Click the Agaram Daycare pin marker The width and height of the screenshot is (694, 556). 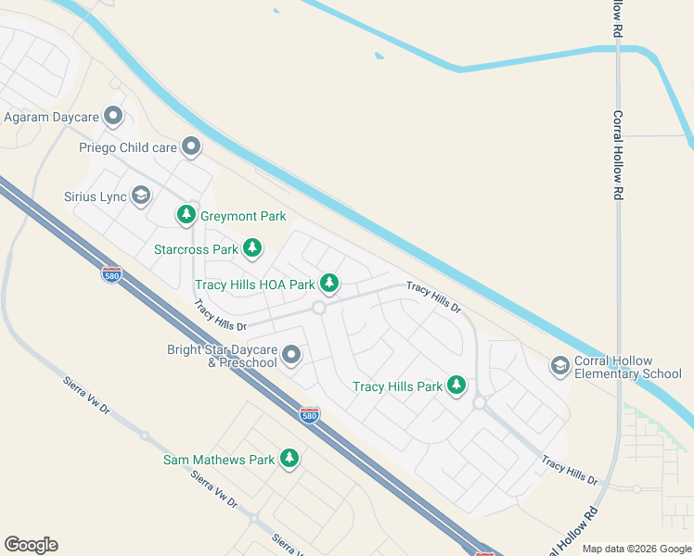point(114,117)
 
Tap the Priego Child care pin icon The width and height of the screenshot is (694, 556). point(191,146)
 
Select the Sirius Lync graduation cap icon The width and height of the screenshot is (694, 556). point(141,195)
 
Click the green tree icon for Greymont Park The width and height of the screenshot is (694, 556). point(186,215)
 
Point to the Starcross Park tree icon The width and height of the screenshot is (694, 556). point(252,248)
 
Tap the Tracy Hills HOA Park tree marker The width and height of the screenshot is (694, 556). point(329,283)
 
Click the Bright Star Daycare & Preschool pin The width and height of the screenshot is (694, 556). point(291,355)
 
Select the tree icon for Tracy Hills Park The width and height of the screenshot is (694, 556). point(456,385)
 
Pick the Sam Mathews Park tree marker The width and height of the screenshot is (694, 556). point(289,458)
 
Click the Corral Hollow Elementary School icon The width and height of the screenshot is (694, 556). point(559,366)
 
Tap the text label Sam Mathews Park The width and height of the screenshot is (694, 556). point(219,460)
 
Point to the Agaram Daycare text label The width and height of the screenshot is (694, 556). point(52,118)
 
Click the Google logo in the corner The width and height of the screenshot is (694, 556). point(31,545)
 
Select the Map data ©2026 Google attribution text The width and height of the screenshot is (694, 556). point(636,549)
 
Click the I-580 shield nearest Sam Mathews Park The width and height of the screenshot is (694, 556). point(310,414)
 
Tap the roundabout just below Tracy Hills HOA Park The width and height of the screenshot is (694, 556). point(318,308)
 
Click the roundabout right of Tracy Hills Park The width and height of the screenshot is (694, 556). point(480,403)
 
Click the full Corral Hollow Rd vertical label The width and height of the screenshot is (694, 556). point(617,156)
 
